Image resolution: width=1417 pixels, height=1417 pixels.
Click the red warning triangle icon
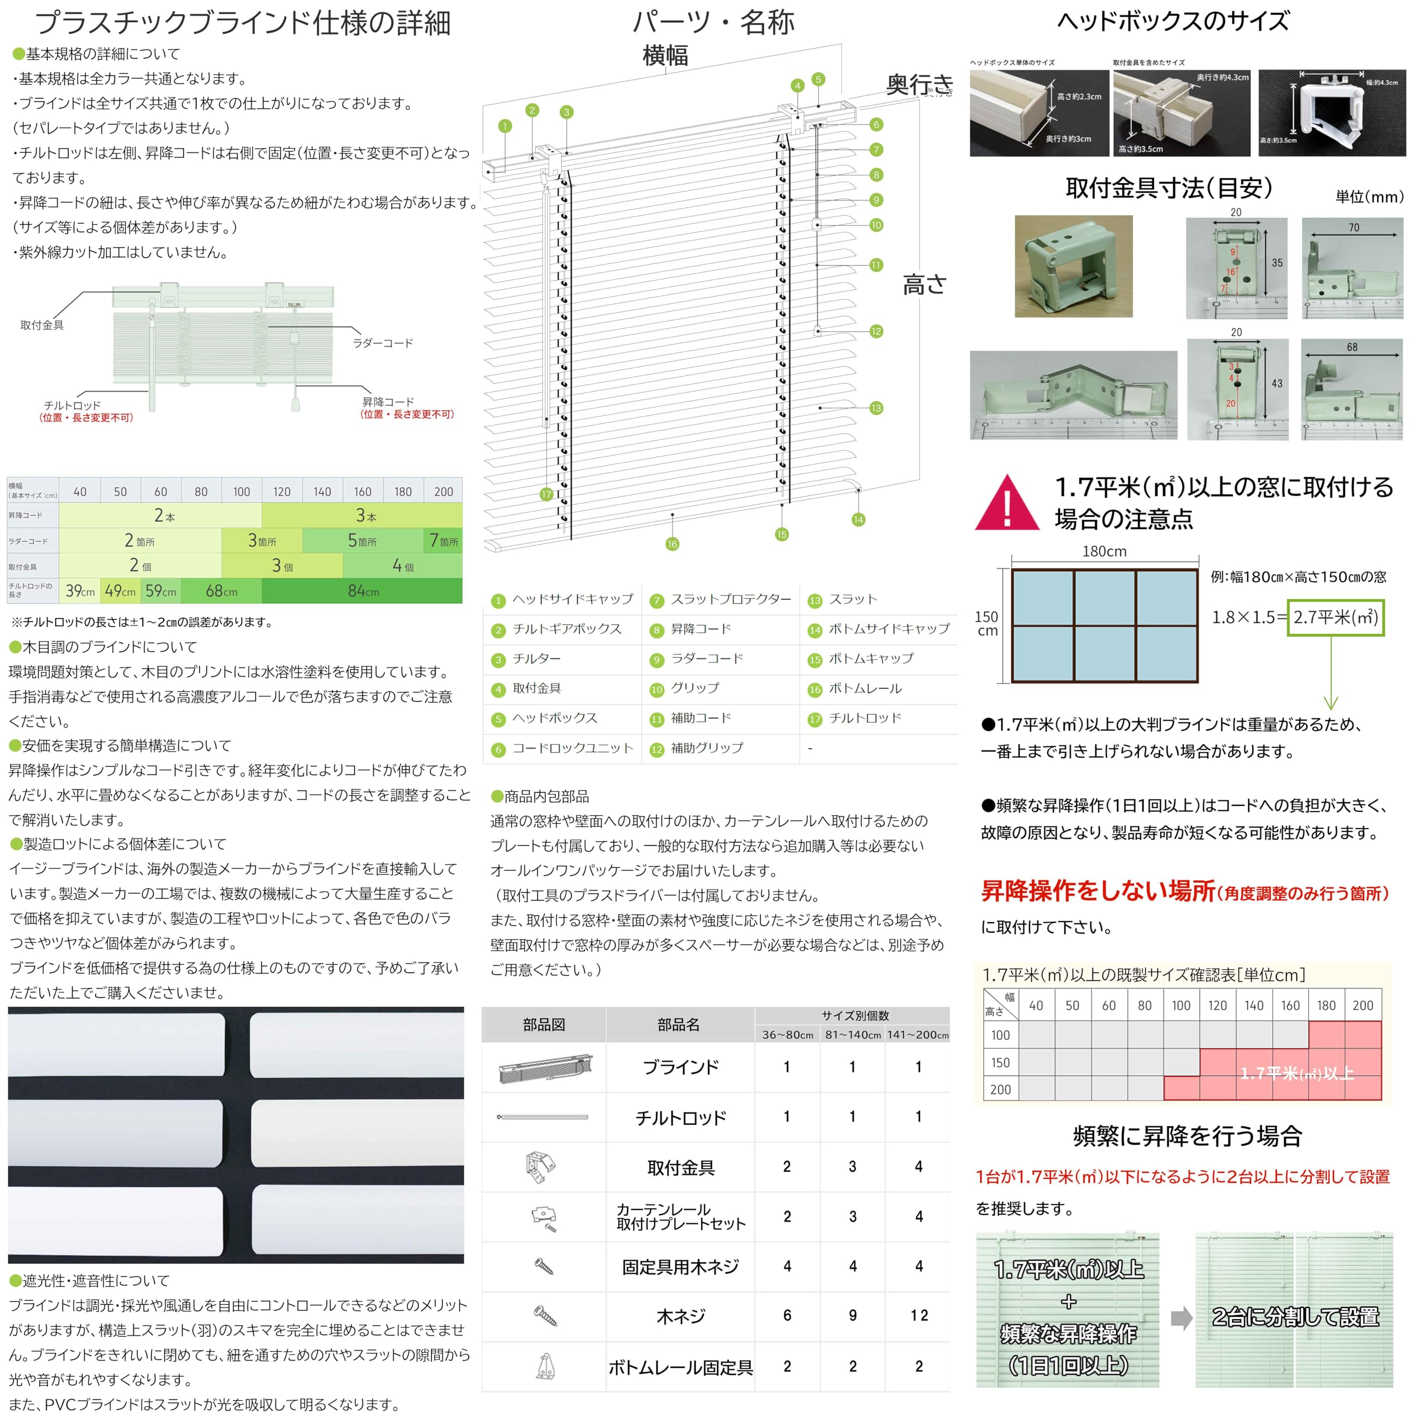pos(1006,505)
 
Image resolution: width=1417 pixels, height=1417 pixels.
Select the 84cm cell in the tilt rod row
pos(363,591)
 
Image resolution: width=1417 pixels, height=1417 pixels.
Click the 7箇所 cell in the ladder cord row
pos(444,541)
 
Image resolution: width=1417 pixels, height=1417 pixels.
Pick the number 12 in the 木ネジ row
pos(919,1316)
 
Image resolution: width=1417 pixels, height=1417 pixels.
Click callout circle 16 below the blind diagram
pos(672,544)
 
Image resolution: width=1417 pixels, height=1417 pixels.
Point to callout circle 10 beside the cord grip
pos(876,225)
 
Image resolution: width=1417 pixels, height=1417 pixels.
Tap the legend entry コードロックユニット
pos(573,748)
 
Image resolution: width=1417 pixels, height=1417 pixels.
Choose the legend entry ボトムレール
pos(865,689)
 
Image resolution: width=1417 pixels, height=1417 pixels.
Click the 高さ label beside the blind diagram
pos(924,284)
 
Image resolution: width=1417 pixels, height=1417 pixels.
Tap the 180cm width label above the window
pos(1105,551)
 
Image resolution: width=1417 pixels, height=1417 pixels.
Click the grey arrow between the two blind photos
pos(1181,1318)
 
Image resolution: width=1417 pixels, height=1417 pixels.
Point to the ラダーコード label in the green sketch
pos(383,343)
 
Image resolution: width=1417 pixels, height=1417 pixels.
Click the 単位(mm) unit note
pos(1369,196)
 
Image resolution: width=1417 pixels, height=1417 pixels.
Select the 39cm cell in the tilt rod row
pos(80,591)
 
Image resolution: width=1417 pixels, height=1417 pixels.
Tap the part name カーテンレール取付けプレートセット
pos(681,1217)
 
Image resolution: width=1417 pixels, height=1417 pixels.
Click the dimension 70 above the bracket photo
pos(1353,228)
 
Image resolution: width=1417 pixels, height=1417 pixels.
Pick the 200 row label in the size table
pos(1000,1089)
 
